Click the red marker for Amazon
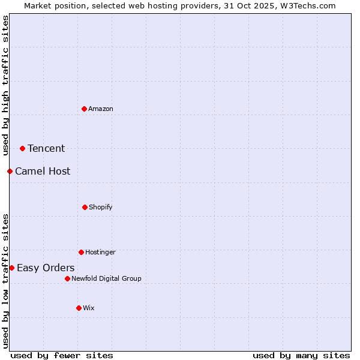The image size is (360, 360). click(84, 109)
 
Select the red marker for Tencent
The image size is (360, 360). click(22, 148)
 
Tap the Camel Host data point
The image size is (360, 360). click(10, 171)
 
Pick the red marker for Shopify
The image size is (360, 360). click(85, 207)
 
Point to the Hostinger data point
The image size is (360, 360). click(81, 252)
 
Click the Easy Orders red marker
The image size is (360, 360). click(11, 268)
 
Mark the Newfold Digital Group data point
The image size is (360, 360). click(67, 278)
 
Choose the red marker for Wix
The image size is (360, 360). click(79, 308)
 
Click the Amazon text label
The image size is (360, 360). click(101, 109)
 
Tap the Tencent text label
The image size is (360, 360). click(46, 148)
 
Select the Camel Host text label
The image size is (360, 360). click(43, 171)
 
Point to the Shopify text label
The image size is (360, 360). click(101, 207)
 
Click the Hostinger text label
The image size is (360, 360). click(100, 252)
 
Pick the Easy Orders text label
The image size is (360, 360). click(46, 268)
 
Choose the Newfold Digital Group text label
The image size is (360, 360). click(106, 278)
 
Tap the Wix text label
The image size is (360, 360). click(89, 308)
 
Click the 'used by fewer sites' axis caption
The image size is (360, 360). click(62, 355)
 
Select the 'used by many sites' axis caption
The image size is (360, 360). click(301, 355)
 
